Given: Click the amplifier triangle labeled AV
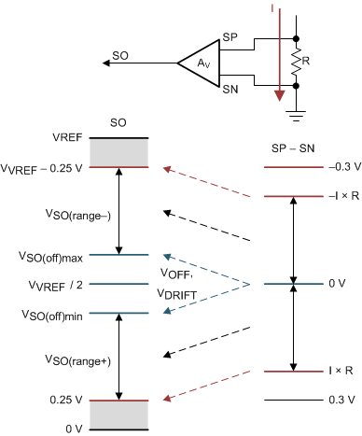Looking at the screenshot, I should (x=198, y=64).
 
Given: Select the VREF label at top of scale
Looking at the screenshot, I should (x=66, y=137).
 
